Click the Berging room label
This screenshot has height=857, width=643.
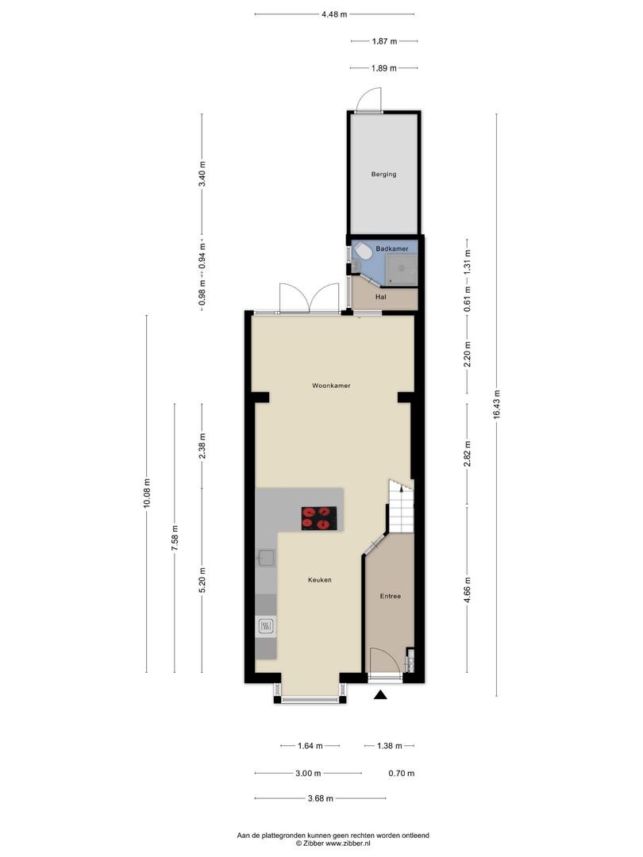coord(383,175)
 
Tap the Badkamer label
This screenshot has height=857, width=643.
coord(391,248)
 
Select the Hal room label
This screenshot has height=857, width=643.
coord(380,297)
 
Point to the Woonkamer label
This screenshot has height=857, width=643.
coord(331,386)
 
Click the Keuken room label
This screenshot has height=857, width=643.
coord(319,580)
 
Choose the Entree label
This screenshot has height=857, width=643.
coord(391,596)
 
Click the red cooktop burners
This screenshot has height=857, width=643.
coord(319,518)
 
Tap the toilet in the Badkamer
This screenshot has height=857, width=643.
coord(361,251)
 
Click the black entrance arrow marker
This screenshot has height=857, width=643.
coord(380,694)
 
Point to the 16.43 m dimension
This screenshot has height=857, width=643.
coord(496,405)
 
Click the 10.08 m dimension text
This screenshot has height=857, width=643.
coord(147,494)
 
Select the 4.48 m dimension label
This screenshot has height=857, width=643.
coord(334,14)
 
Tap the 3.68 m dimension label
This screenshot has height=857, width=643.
coord(321,798)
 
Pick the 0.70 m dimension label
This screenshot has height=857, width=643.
coord(402,774)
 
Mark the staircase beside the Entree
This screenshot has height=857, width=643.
coord(402,506)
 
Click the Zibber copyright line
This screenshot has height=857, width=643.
coord(333,844)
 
